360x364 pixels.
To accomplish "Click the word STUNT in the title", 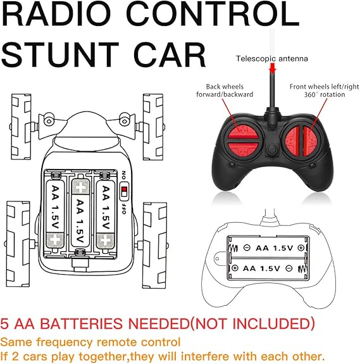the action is pyautogui.click(x=60, y=55).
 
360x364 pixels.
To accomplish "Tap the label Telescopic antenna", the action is pyautogui.click(x=272, y=58).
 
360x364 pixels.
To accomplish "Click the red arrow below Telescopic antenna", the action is pyautogui.click(x=273, y=68).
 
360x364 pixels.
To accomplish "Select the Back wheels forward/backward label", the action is pyautogui.click(x=225, y=91).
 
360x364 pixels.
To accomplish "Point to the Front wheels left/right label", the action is pyautogui.click(x=325, y=91).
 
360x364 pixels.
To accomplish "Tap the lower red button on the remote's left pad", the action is pyautogui.click(x=242, y=148).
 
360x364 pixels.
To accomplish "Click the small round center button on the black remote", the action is pyautogui.click(x=271, y=150).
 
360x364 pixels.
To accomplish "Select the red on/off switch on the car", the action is pyautogui.click(x=125, y=191).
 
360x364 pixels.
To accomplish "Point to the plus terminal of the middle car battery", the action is pyautogui.click(x=80, y=186).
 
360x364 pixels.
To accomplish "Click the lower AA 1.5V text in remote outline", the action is pyautogui.click(x=261, y=268).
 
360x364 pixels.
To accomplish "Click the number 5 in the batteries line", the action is pyautogui.click(x=4, y=323).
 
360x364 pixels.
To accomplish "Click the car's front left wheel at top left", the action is pyautogui.click(x=21, y=127).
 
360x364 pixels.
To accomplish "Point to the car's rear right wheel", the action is pyautogui.click(x=155, y=246).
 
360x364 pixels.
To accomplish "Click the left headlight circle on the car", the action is pyautogui.click(x=49, y=121).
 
